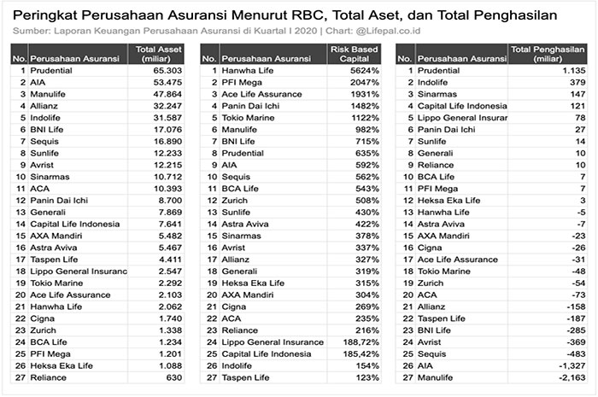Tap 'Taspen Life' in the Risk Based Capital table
(x=248, y=377)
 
